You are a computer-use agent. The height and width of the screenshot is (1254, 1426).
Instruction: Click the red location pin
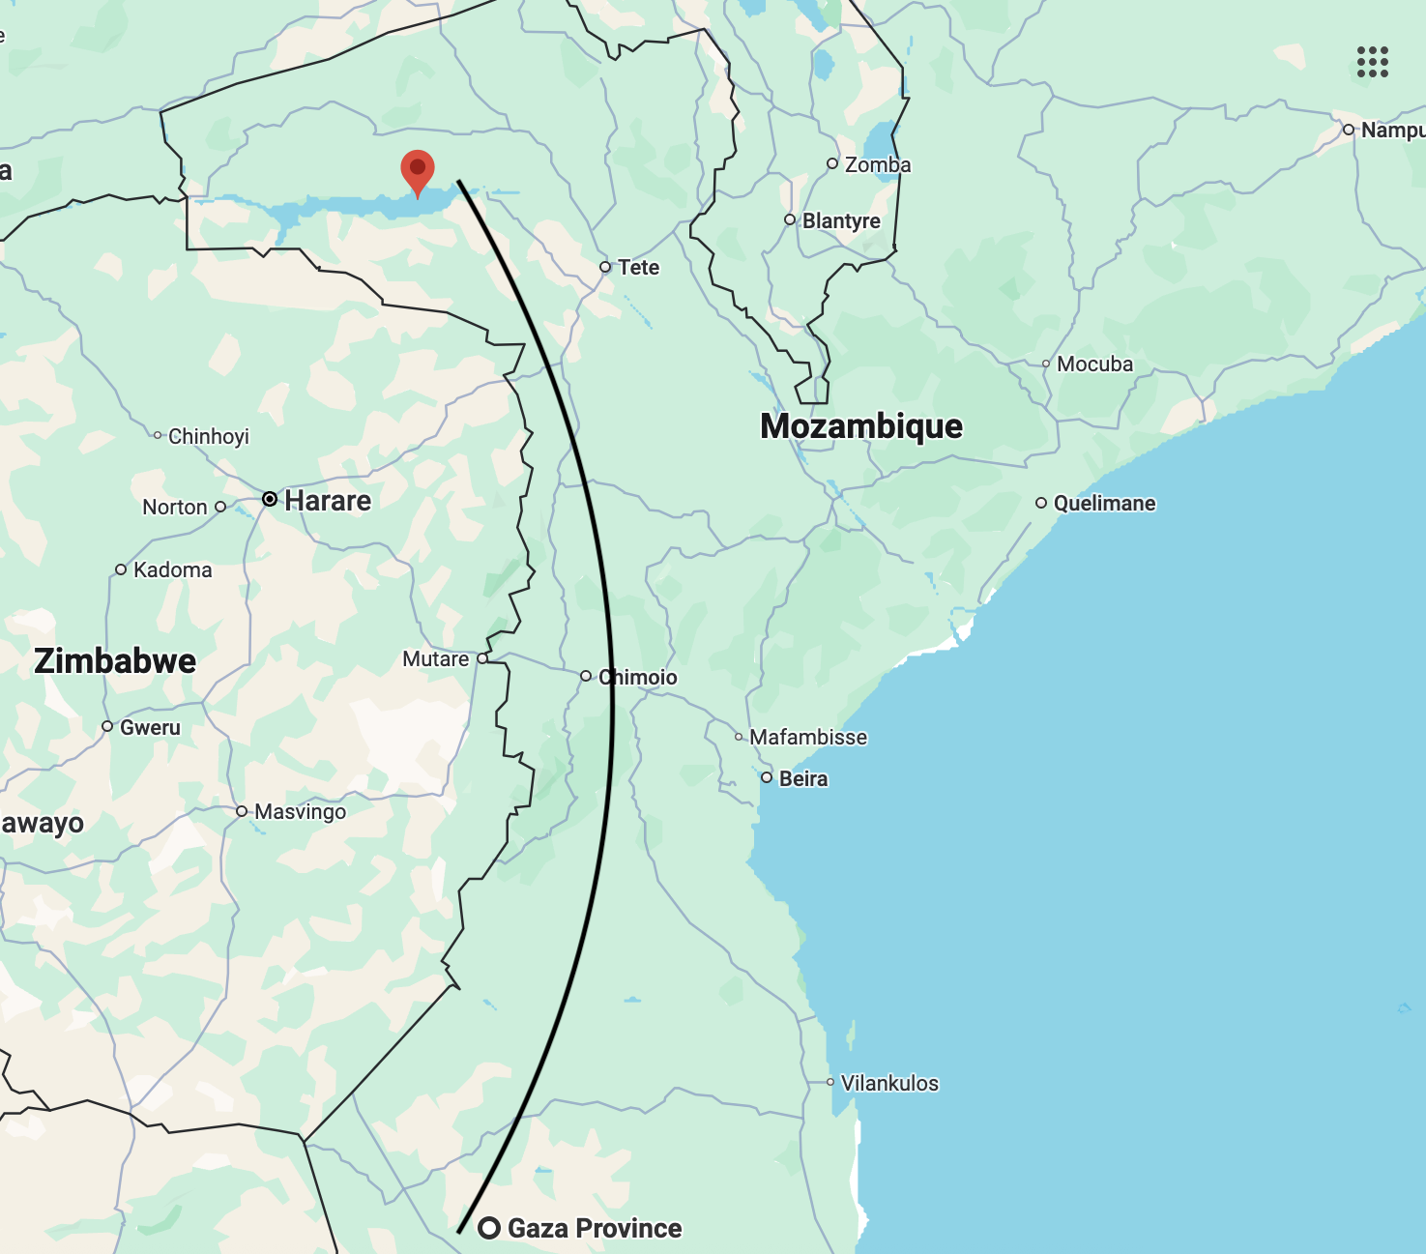[x=418, y=171]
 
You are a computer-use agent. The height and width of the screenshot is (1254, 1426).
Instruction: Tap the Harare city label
[x=328, y=501]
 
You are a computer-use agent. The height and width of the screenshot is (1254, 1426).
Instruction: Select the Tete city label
[x=638, y=267]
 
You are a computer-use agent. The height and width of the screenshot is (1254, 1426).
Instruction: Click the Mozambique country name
[x=861, y=426]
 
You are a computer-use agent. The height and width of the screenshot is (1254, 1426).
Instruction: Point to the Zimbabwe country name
[x=115, y=661]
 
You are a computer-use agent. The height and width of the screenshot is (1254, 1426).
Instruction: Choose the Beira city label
[x=803, y=778]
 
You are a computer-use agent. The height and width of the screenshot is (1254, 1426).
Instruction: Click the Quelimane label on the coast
[x=1104, y=503]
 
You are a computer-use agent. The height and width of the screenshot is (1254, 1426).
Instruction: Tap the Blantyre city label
[x=841, y=220]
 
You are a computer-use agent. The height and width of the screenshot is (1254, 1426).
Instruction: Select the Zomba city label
[x=878, y=164]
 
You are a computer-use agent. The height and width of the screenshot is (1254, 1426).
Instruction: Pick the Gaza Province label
[x=595, y=1228]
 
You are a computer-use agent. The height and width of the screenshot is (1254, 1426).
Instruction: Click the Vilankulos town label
[x=889, y=1083]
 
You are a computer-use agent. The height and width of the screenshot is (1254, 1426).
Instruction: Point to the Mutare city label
[x=436, y=658]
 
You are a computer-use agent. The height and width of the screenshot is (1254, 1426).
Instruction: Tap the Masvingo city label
[x=300, y=811]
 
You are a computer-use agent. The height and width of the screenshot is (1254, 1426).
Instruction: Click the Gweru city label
[x=150, y=727]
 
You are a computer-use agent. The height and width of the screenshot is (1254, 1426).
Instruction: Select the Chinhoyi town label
[x=209, y=436]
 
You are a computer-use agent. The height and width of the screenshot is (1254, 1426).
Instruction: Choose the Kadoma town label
[x=173, y=569]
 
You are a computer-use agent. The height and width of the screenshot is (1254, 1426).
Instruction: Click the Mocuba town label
[x=1094, y=364]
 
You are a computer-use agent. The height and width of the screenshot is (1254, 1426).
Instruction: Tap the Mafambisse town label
[x=808, y=737]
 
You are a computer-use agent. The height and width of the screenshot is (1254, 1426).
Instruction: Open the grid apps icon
[x=1372, y=62]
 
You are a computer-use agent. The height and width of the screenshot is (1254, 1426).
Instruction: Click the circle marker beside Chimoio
[x=586, y=676]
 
